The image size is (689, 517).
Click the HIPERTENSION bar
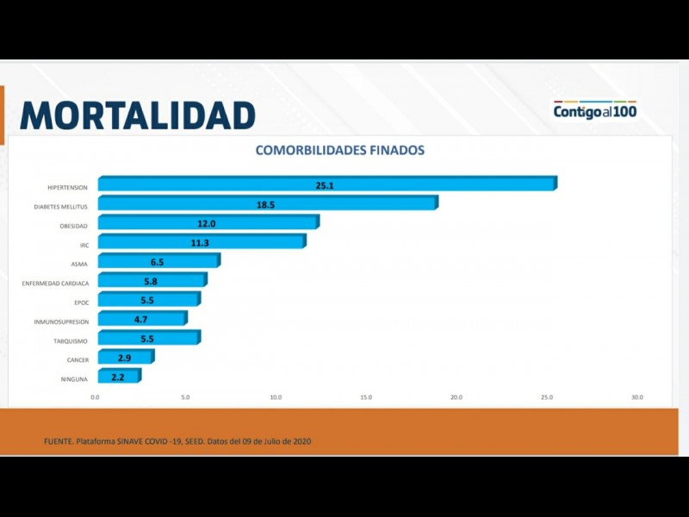pyautogui.click(x=327, y=184)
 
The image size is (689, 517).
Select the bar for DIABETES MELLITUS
pyautogui.click(x=267, y=203)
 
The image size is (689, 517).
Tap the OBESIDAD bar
pyautogui.click(x=208, y=223)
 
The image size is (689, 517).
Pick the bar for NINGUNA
pyautogui.click(x=119, y=377)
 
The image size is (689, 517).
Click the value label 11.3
pyautogui.click(x=201, y=243)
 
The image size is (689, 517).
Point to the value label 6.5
pyautogui.click(x=157, y=262)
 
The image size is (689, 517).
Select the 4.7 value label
pyautogui.click(x=140, y=320)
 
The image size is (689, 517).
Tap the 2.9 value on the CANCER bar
pyautogui.click(x=124, y=358)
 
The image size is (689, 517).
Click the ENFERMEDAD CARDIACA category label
pyautogui.click(x=55, y=283)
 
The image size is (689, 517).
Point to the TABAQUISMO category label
pyautogui.click(x=68, y=340)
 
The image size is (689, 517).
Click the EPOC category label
pyautogui.click(x=81, y=302)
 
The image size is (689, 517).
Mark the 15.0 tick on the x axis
pyautogui.click(x=366, y=397)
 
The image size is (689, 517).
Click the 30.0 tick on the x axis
pyautogui.click(x=636, y=397)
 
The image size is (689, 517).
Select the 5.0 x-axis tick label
pyautogui.click(x=185, y=397)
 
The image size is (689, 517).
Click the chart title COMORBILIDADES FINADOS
pyautogui.click(x=339, y=150)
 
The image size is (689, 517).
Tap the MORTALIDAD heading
pyautogui.click(x=138, y=115)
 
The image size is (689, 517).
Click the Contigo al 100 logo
pyautogui.click(x=594, y=111)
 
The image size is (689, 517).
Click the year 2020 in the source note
pyautogui.click(x=301, y=441)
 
